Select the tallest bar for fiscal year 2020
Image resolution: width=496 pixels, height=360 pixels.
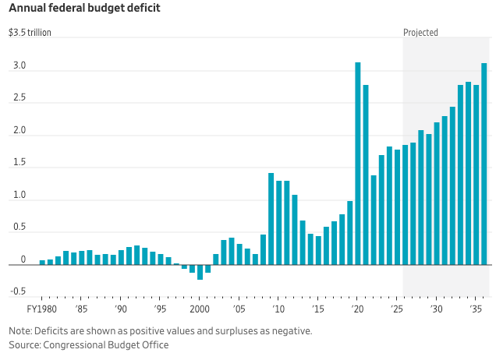pyautogui.click(x=358, y=164)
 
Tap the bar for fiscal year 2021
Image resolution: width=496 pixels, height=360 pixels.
pyautogui.click(x=366, y=175)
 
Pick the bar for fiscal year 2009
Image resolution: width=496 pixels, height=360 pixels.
pyautogui.click(x=271, y=218)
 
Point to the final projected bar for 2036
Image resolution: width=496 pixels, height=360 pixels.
pyautogui.click(x=484, y=164)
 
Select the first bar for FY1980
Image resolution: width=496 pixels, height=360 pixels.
pyautogui.click(x=42, y=262)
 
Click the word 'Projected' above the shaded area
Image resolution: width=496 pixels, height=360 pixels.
pyautogui.click(x=420, y=33)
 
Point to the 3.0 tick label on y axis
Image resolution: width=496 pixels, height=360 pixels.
pyautogui.click(x=19, y=66)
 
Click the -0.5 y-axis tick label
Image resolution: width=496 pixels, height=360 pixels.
pyautogui.click(x=17, y=291)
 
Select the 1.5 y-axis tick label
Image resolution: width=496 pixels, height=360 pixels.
pyautogui.click(x=19, y=163)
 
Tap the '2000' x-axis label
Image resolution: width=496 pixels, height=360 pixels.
pyautogui.click(x=200, y=309)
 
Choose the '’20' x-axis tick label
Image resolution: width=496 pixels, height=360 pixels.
pyautogui.click(x=358, y=309)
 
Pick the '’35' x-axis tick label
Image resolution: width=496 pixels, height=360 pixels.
pyautogui.click(x=476, y=309)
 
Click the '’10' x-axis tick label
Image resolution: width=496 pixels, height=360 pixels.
pyautogui.click(x=278, y=309)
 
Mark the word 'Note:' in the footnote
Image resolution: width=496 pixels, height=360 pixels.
pyautogui.click(x=21, y=330)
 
